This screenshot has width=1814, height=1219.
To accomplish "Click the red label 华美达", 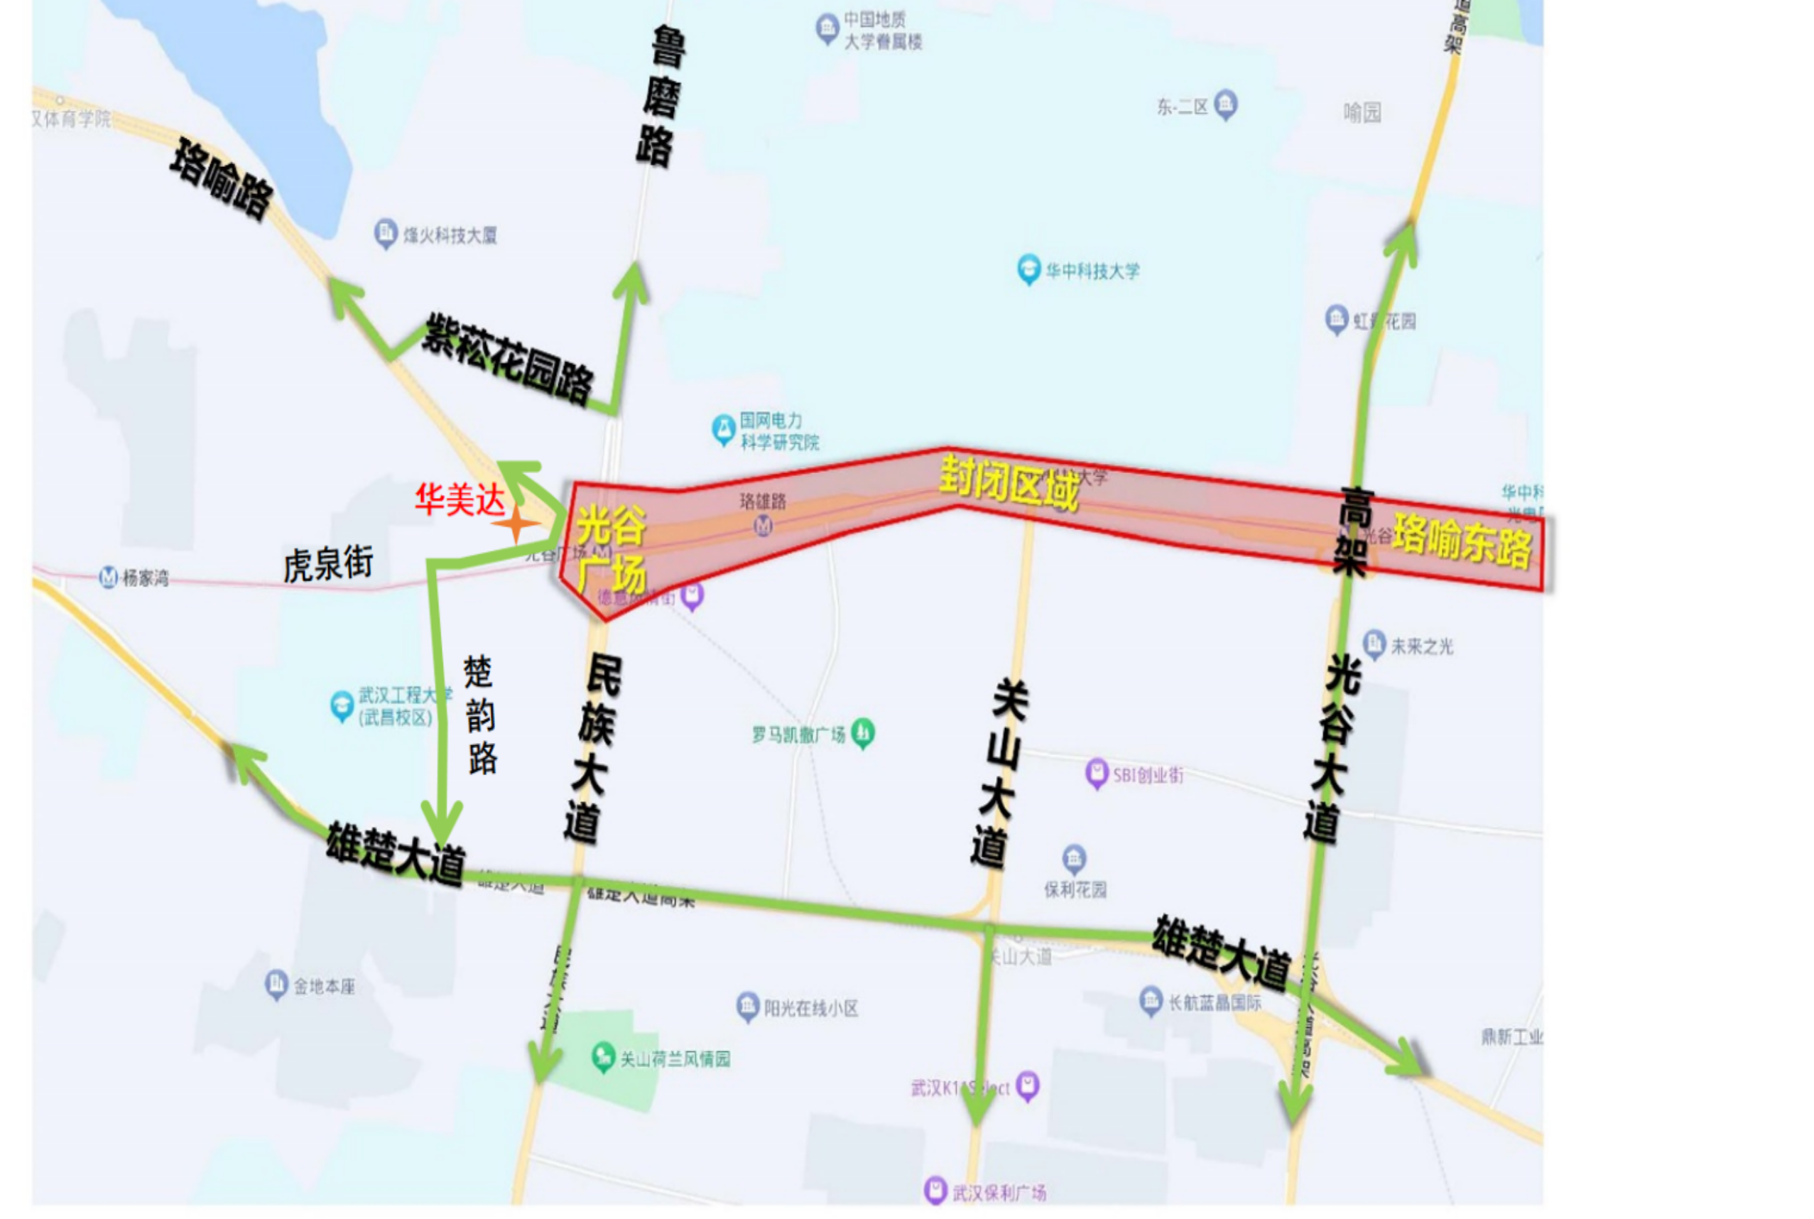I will tap(460, 499).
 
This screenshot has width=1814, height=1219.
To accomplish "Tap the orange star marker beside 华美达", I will tap(515, 525).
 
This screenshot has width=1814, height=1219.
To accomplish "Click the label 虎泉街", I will tap(328, 563).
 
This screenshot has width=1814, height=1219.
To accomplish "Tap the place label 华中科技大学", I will tap(1092, 271).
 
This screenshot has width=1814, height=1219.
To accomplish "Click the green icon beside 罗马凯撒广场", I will tap(863, 732).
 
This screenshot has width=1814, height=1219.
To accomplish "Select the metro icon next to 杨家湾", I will tap(109, 577).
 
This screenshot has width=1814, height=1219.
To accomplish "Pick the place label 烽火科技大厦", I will tap(449, 235).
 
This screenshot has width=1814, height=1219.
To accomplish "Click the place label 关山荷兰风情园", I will tap(675, 1059).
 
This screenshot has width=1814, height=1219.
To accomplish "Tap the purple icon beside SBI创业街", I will tap(1096, 774).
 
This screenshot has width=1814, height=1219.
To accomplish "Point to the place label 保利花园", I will tap(1075, 889).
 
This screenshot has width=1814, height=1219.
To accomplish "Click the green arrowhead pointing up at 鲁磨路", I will tap(632, 278).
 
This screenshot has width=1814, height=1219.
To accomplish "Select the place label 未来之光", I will tap(1421, 646).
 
